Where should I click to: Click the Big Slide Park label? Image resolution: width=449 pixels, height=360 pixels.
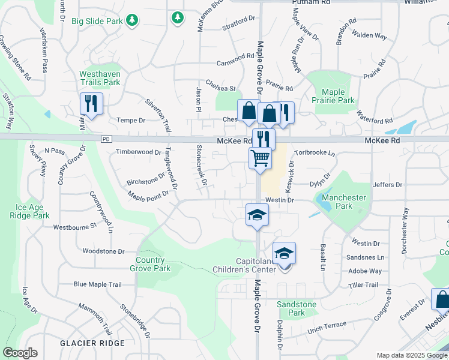tap(97, 21)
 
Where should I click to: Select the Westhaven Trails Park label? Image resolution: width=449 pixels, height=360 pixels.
tap(100, 78)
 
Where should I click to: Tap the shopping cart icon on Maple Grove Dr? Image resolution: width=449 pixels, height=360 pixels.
tap(260, 158)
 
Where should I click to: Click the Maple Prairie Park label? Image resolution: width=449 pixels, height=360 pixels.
tap(333, 96)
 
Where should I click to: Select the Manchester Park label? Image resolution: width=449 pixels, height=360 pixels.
tap(344, 201)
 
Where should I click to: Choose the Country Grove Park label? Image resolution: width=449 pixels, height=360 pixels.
tap(150, 264)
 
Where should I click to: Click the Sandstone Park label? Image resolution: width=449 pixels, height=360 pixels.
tap(297, 308)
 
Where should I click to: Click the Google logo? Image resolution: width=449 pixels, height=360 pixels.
tap(20, 353)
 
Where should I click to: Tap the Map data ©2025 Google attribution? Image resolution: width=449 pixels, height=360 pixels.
tap(412, 355)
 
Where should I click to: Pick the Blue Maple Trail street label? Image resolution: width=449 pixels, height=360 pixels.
tap(97, 284)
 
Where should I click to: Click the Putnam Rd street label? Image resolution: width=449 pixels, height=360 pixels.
tap(311, 3)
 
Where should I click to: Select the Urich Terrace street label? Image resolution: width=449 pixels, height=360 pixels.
tap(327, 325)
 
